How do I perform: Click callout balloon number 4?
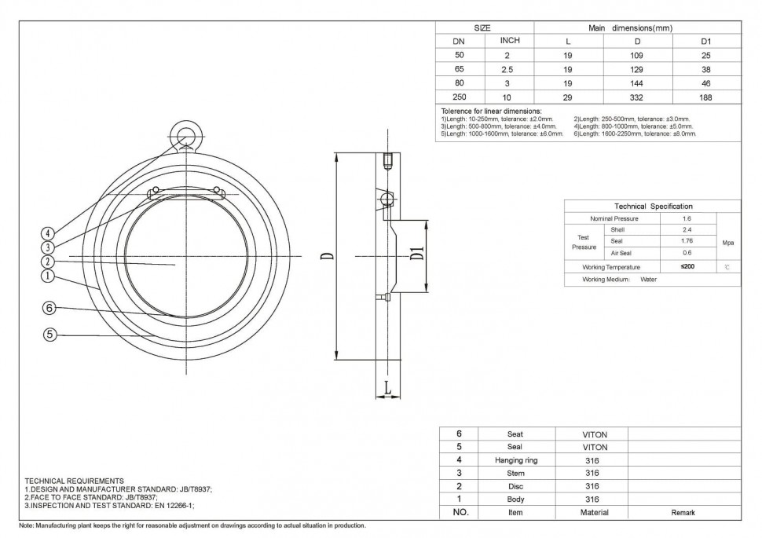click(x=48, y=233)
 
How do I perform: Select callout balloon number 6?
click(x=48, y=309)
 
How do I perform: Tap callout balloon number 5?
click(x=48, y=335)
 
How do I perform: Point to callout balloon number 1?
click(x=48, y=276)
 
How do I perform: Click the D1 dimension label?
click(x=417, y=254)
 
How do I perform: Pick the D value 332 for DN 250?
click(x=637, y=97)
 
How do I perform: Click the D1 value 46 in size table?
click(x=705, y=83)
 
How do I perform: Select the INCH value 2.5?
click(x=507, y=69)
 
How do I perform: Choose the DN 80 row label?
click(x=460, y=83)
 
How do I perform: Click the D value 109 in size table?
click(x=637, y=56)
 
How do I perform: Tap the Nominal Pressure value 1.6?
click(x=687, y=218)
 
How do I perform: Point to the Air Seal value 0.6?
click(x=687, y=253)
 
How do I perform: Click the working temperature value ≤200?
click(x=687, y=267)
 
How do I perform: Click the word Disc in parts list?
click(x=515, y=486)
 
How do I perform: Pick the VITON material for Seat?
click(x=593, y=434)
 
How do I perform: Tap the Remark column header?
click(x=683, y=512)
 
